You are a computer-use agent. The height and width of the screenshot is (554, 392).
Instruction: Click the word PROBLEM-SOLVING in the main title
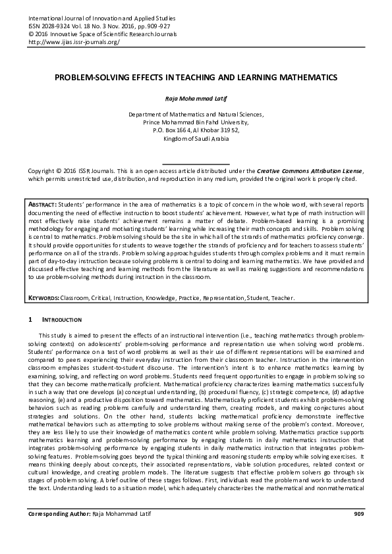[x=89, y=78]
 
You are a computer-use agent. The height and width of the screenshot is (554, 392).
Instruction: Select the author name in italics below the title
[x=196, y=97]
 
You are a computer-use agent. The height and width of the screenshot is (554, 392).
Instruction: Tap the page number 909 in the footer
[x=358, y=531]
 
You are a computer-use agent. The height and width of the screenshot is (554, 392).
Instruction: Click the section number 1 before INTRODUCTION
[x=30, y=320]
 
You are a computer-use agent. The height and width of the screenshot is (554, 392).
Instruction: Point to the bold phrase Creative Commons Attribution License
[x=308, y=170]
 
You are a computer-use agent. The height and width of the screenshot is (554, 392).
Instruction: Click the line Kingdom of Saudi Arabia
[x=196, y=138]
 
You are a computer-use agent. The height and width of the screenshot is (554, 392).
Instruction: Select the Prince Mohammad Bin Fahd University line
[x=196, y=122]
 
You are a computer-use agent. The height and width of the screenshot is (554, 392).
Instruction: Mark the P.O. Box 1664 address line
[x=196, y=130]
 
